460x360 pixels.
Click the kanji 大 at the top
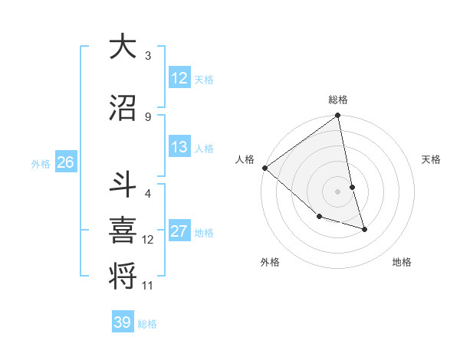pos(123,47)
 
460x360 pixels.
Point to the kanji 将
pos(123,273)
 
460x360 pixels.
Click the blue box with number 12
pos(179,78)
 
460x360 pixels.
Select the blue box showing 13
pos(179,147)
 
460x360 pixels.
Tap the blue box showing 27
pos(179,231)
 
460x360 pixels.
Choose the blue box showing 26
pos(65,162)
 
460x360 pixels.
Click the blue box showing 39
pos(123,322)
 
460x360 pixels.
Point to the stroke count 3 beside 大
pos(148,56)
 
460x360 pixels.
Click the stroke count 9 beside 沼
pos(148,116)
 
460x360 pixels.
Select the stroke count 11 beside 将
pos(148,286)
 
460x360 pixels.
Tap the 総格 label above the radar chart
pos(338,100)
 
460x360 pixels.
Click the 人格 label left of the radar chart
pos(245,159)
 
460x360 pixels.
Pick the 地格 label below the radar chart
pos(402,262)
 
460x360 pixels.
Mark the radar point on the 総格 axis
pos(338,116)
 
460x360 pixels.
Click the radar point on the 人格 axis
pos(264,168)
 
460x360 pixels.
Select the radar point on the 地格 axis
pos(364,229)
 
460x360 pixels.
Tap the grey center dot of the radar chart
pos(338,191)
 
